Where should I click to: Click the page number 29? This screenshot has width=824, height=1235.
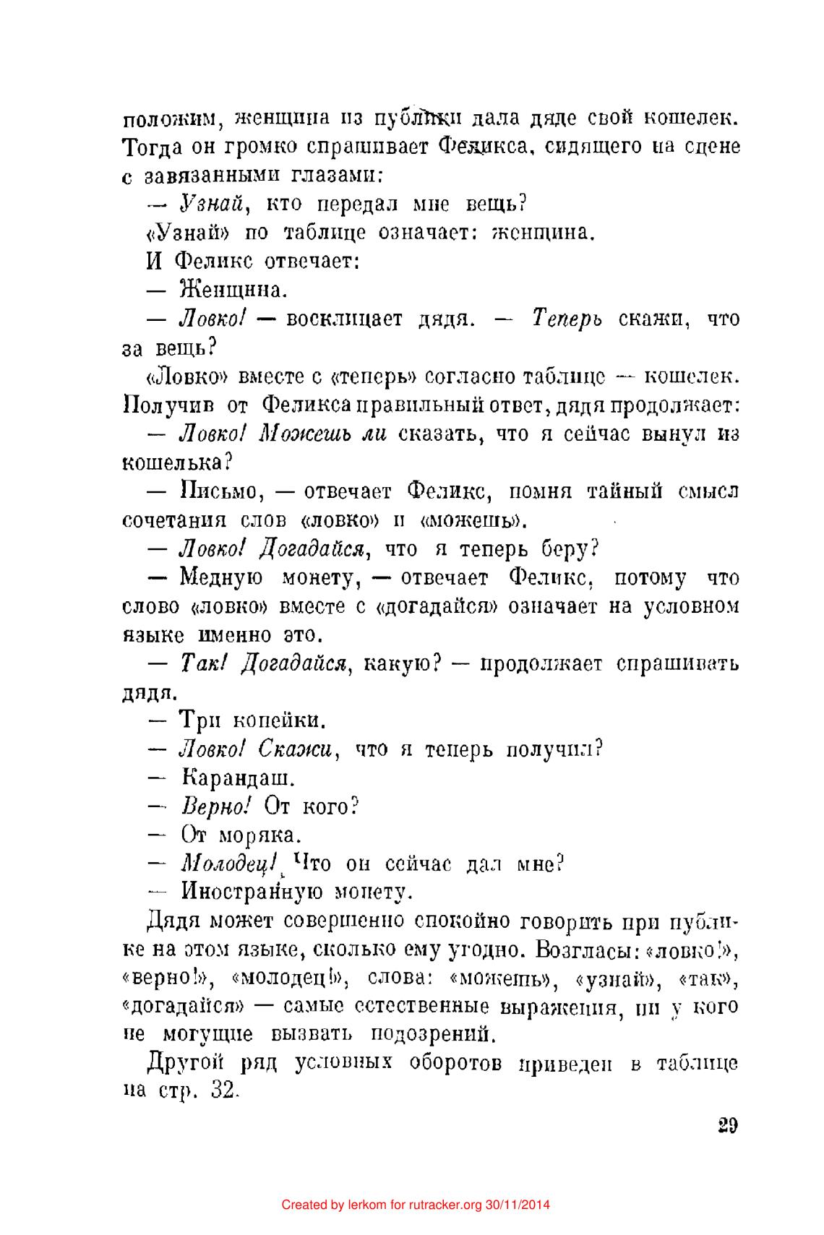pos(727,1127)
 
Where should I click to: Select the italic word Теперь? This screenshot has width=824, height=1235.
pos(567,319)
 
